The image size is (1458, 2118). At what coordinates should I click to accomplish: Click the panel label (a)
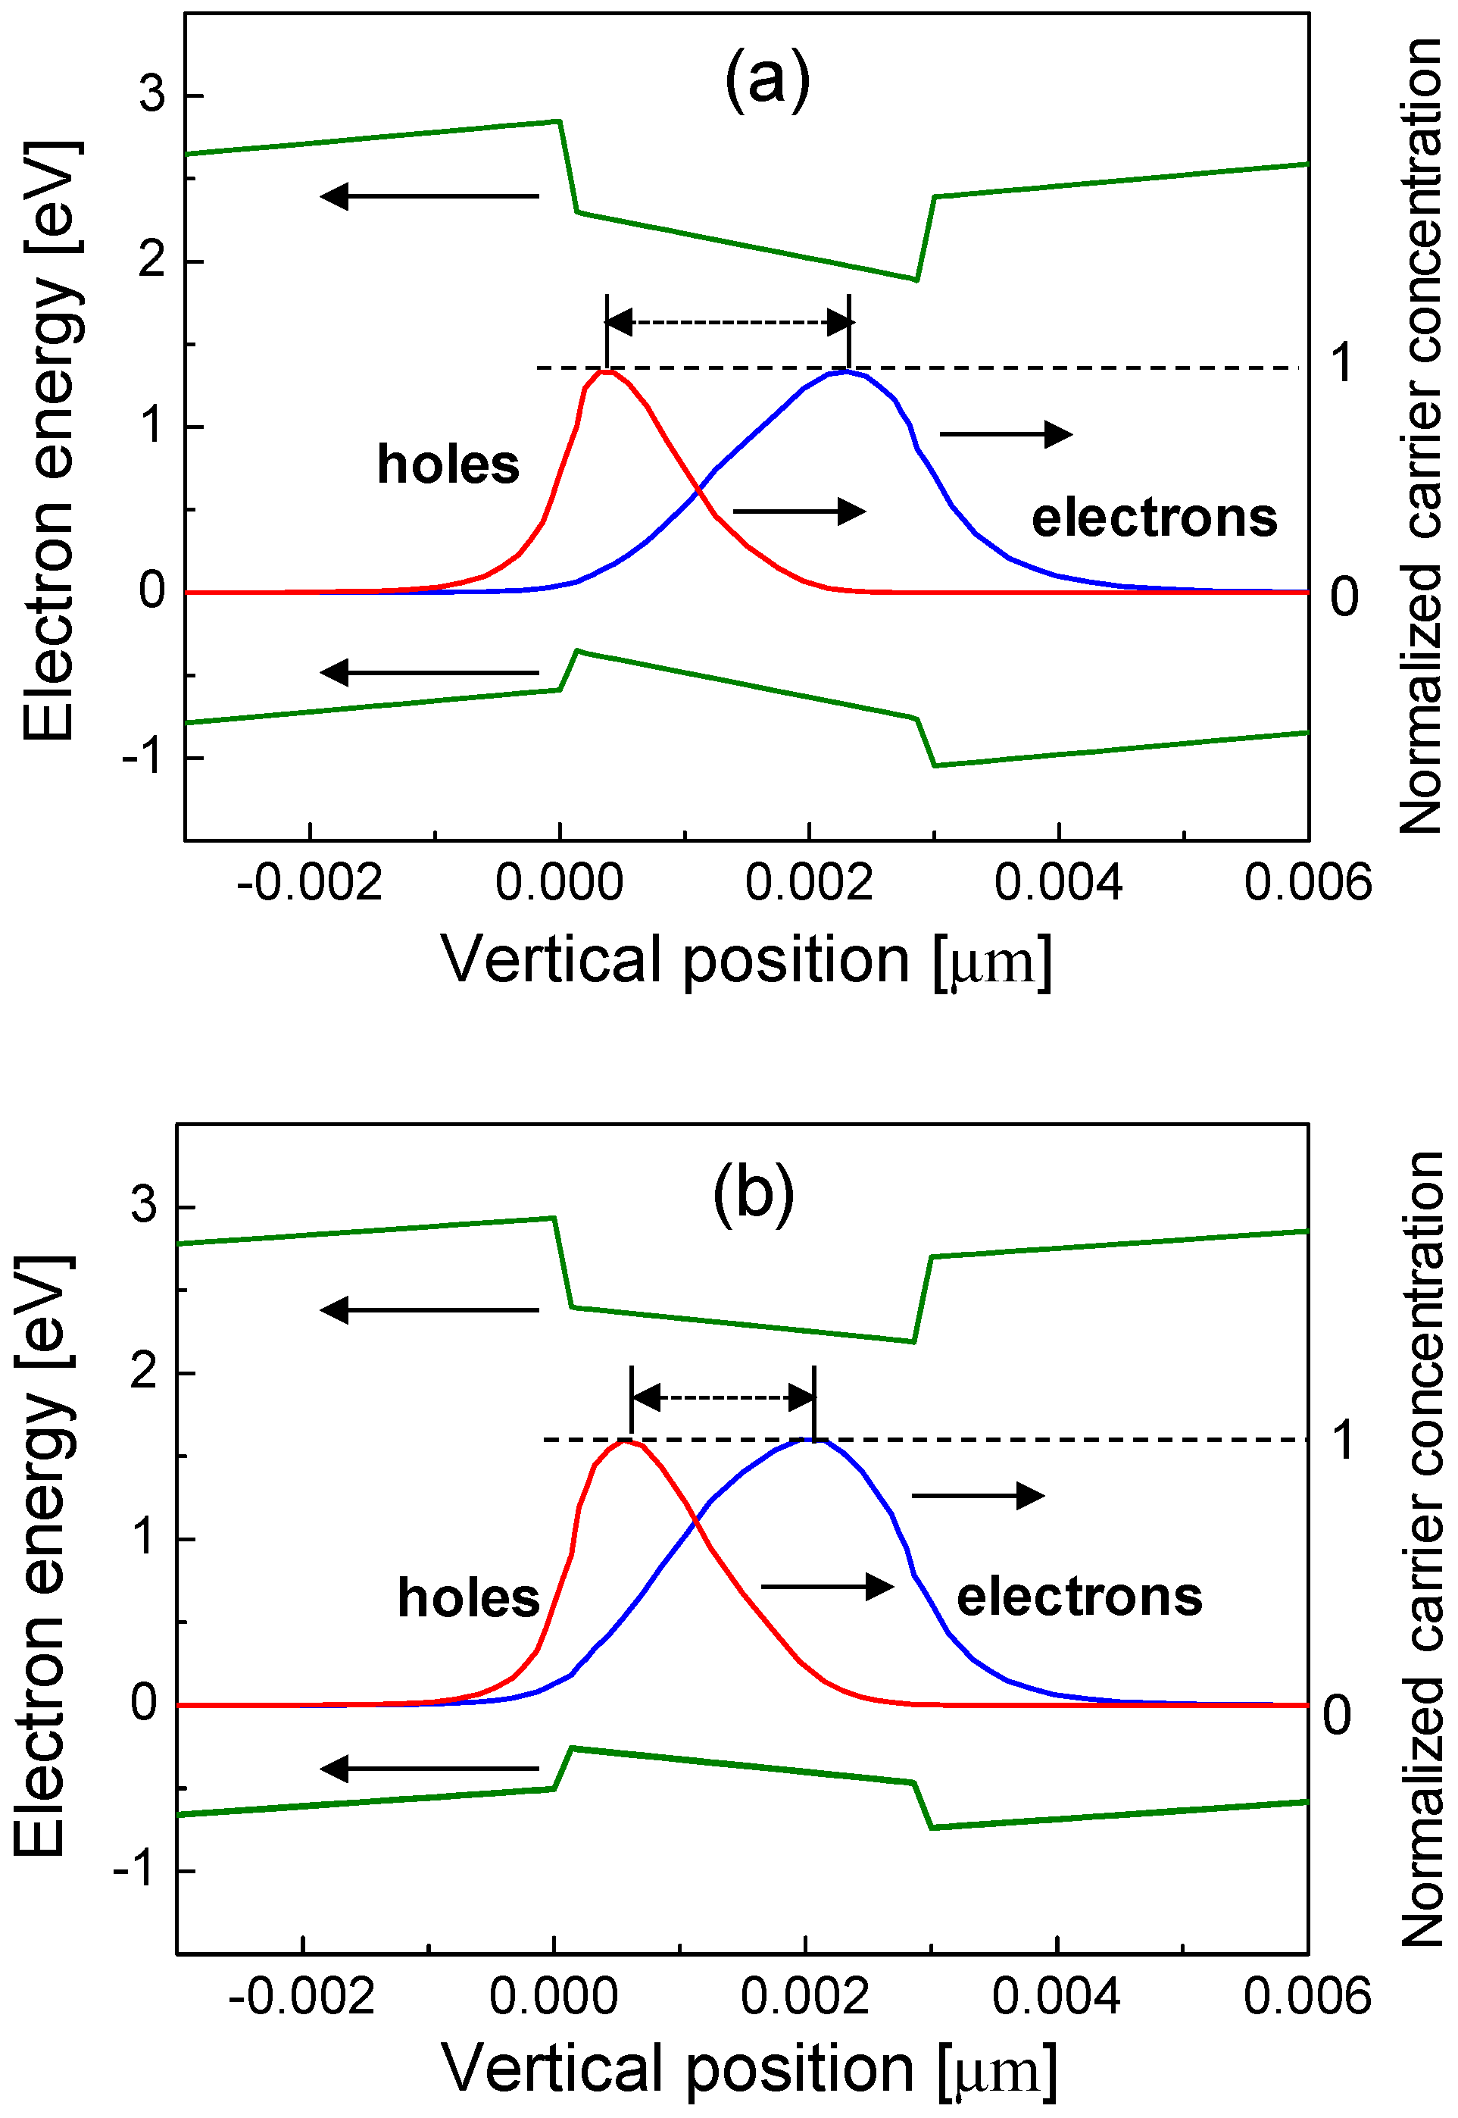(766, 80)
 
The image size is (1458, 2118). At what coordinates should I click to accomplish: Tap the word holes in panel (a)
(448, 465)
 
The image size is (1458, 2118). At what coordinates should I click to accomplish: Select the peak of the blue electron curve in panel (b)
(813, 1439)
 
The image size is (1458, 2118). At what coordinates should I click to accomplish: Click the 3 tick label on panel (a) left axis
(151, 94)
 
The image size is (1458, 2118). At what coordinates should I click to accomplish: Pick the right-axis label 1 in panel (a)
(1341, 363)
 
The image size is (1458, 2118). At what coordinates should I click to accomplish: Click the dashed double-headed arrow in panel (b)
(723, 1397)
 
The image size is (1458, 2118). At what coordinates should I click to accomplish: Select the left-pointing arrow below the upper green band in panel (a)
(429, 196)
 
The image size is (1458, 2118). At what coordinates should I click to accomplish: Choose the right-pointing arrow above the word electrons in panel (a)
(1006, 434)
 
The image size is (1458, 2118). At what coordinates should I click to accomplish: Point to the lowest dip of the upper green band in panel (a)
(916, 280)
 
